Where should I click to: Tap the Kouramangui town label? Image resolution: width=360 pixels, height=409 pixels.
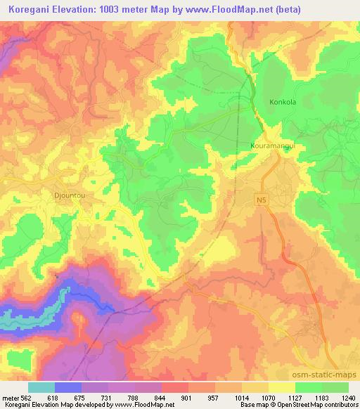tap(271, 146)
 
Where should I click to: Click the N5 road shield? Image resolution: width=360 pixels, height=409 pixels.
tap(260, 200)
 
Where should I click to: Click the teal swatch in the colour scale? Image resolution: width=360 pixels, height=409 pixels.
tap(41, 387)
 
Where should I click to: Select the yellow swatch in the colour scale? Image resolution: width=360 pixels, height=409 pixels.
tap(282, 387)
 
